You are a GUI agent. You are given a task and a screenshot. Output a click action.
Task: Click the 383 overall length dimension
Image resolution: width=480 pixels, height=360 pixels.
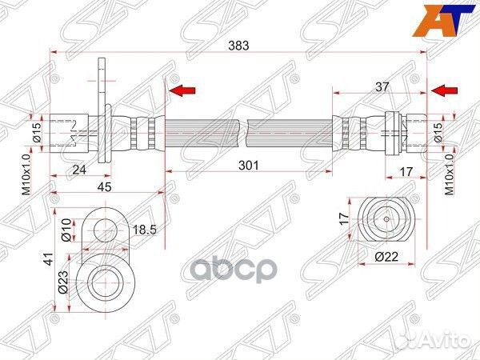coord(238,46)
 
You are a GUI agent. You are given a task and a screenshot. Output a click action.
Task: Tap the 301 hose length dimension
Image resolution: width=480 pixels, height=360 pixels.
coord(249,166)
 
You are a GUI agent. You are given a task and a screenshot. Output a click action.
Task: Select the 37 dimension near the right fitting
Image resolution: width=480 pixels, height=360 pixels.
coord(382,87)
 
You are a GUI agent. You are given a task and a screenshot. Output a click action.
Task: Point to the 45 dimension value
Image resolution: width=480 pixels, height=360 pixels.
coord(104,186)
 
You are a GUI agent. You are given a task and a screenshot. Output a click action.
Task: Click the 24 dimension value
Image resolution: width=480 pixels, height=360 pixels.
coord(79,170)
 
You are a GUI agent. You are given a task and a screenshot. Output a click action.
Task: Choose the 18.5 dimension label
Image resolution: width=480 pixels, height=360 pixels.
coord(144,230)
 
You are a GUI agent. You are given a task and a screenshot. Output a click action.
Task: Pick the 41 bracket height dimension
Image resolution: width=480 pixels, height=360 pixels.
coord(48,258)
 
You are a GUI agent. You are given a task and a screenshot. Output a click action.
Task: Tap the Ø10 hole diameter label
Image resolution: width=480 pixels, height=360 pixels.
coord(66,230)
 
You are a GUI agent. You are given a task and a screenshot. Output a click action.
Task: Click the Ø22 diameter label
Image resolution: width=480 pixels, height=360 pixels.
coord(387,257)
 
